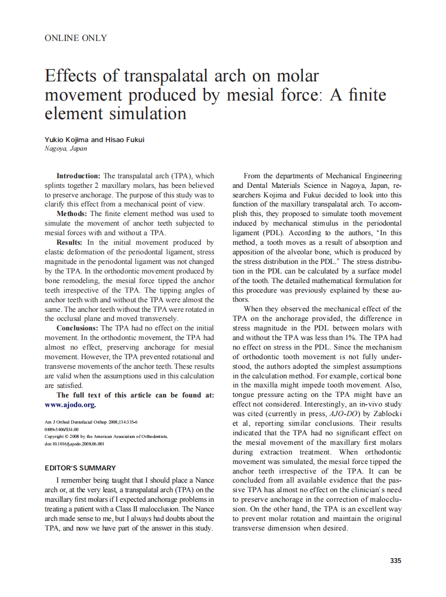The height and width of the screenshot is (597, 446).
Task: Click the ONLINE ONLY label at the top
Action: tap(76, 38)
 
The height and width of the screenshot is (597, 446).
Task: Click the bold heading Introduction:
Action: tap(78, 176)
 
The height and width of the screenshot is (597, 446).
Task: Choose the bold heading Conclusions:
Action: tap(78, 328)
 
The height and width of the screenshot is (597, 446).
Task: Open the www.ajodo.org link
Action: tap(70, 404)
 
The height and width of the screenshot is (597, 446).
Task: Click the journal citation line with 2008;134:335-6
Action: tap(91, 422)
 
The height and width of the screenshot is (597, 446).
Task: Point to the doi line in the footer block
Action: tap(74, 443)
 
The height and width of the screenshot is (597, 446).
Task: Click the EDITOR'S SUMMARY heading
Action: tap(80, 468)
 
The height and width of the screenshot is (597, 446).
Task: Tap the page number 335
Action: tap(395, 560)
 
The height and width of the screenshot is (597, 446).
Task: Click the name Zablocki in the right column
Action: tap(384, 414)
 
